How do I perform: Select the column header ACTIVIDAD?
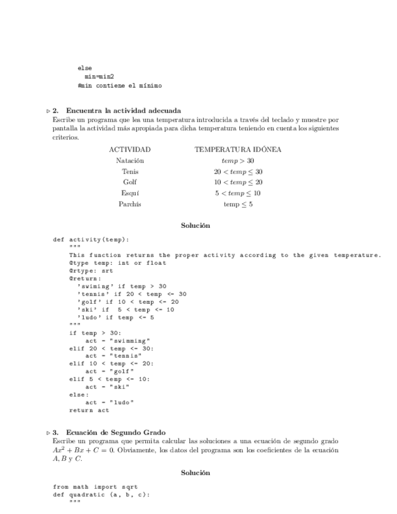(130, 149)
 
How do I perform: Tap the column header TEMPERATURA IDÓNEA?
(238, 149)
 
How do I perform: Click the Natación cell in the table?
(130, 161)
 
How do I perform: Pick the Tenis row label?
(130, 172)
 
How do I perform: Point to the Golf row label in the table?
(130, 182)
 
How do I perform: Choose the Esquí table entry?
(130, 193)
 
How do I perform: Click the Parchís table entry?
(130, 204)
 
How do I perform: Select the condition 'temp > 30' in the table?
(238, 161)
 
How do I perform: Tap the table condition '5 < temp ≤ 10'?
(238, 193)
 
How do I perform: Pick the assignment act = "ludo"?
(109, 402)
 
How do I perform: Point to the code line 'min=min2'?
(99, 77)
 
